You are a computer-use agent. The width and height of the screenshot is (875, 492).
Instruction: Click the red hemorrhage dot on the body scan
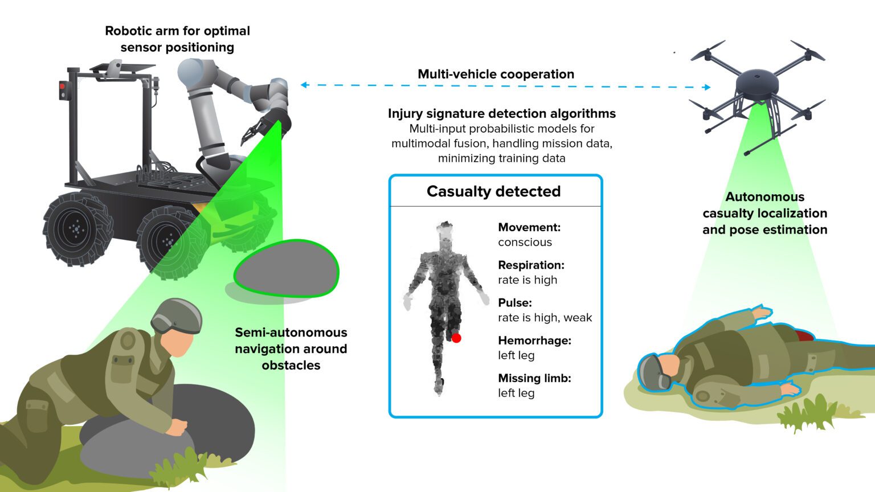pos(456,338)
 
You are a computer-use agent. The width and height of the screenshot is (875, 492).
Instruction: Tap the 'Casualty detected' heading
pos(493,191)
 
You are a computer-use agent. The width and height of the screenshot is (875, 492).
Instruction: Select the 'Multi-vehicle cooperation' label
pos(496,74)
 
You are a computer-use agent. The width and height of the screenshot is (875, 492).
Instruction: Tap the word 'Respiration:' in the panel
pos(531,265)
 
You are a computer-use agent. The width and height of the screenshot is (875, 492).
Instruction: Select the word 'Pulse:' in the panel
pos(514,302)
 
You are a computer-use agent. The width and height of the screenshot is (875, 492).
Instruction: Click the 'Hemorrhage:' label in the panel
pos(534,341)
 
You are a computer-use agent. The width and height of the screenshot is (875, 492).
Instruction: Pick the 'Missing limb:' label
pos(534,378)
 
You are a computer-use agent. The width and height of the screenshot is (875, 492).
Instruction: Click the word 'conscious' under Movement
pos(525,242)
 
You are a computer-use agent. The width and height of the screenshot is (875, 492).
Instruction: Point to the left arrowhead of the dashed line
pos(304,85)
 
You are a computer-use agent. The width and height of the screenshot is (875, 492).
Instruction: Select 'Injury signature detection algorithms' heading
pos(501,113)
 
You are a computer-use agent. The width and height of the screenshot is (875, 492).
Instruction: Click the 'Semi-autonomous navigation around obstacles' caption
pos(291,348)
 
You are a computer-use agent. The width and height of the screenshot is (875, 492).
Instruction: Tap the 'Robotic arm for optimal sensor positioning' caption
pos(177,39)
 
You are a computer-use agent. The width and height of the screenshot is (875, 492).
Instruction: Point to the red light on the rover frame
pos(62,87)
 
